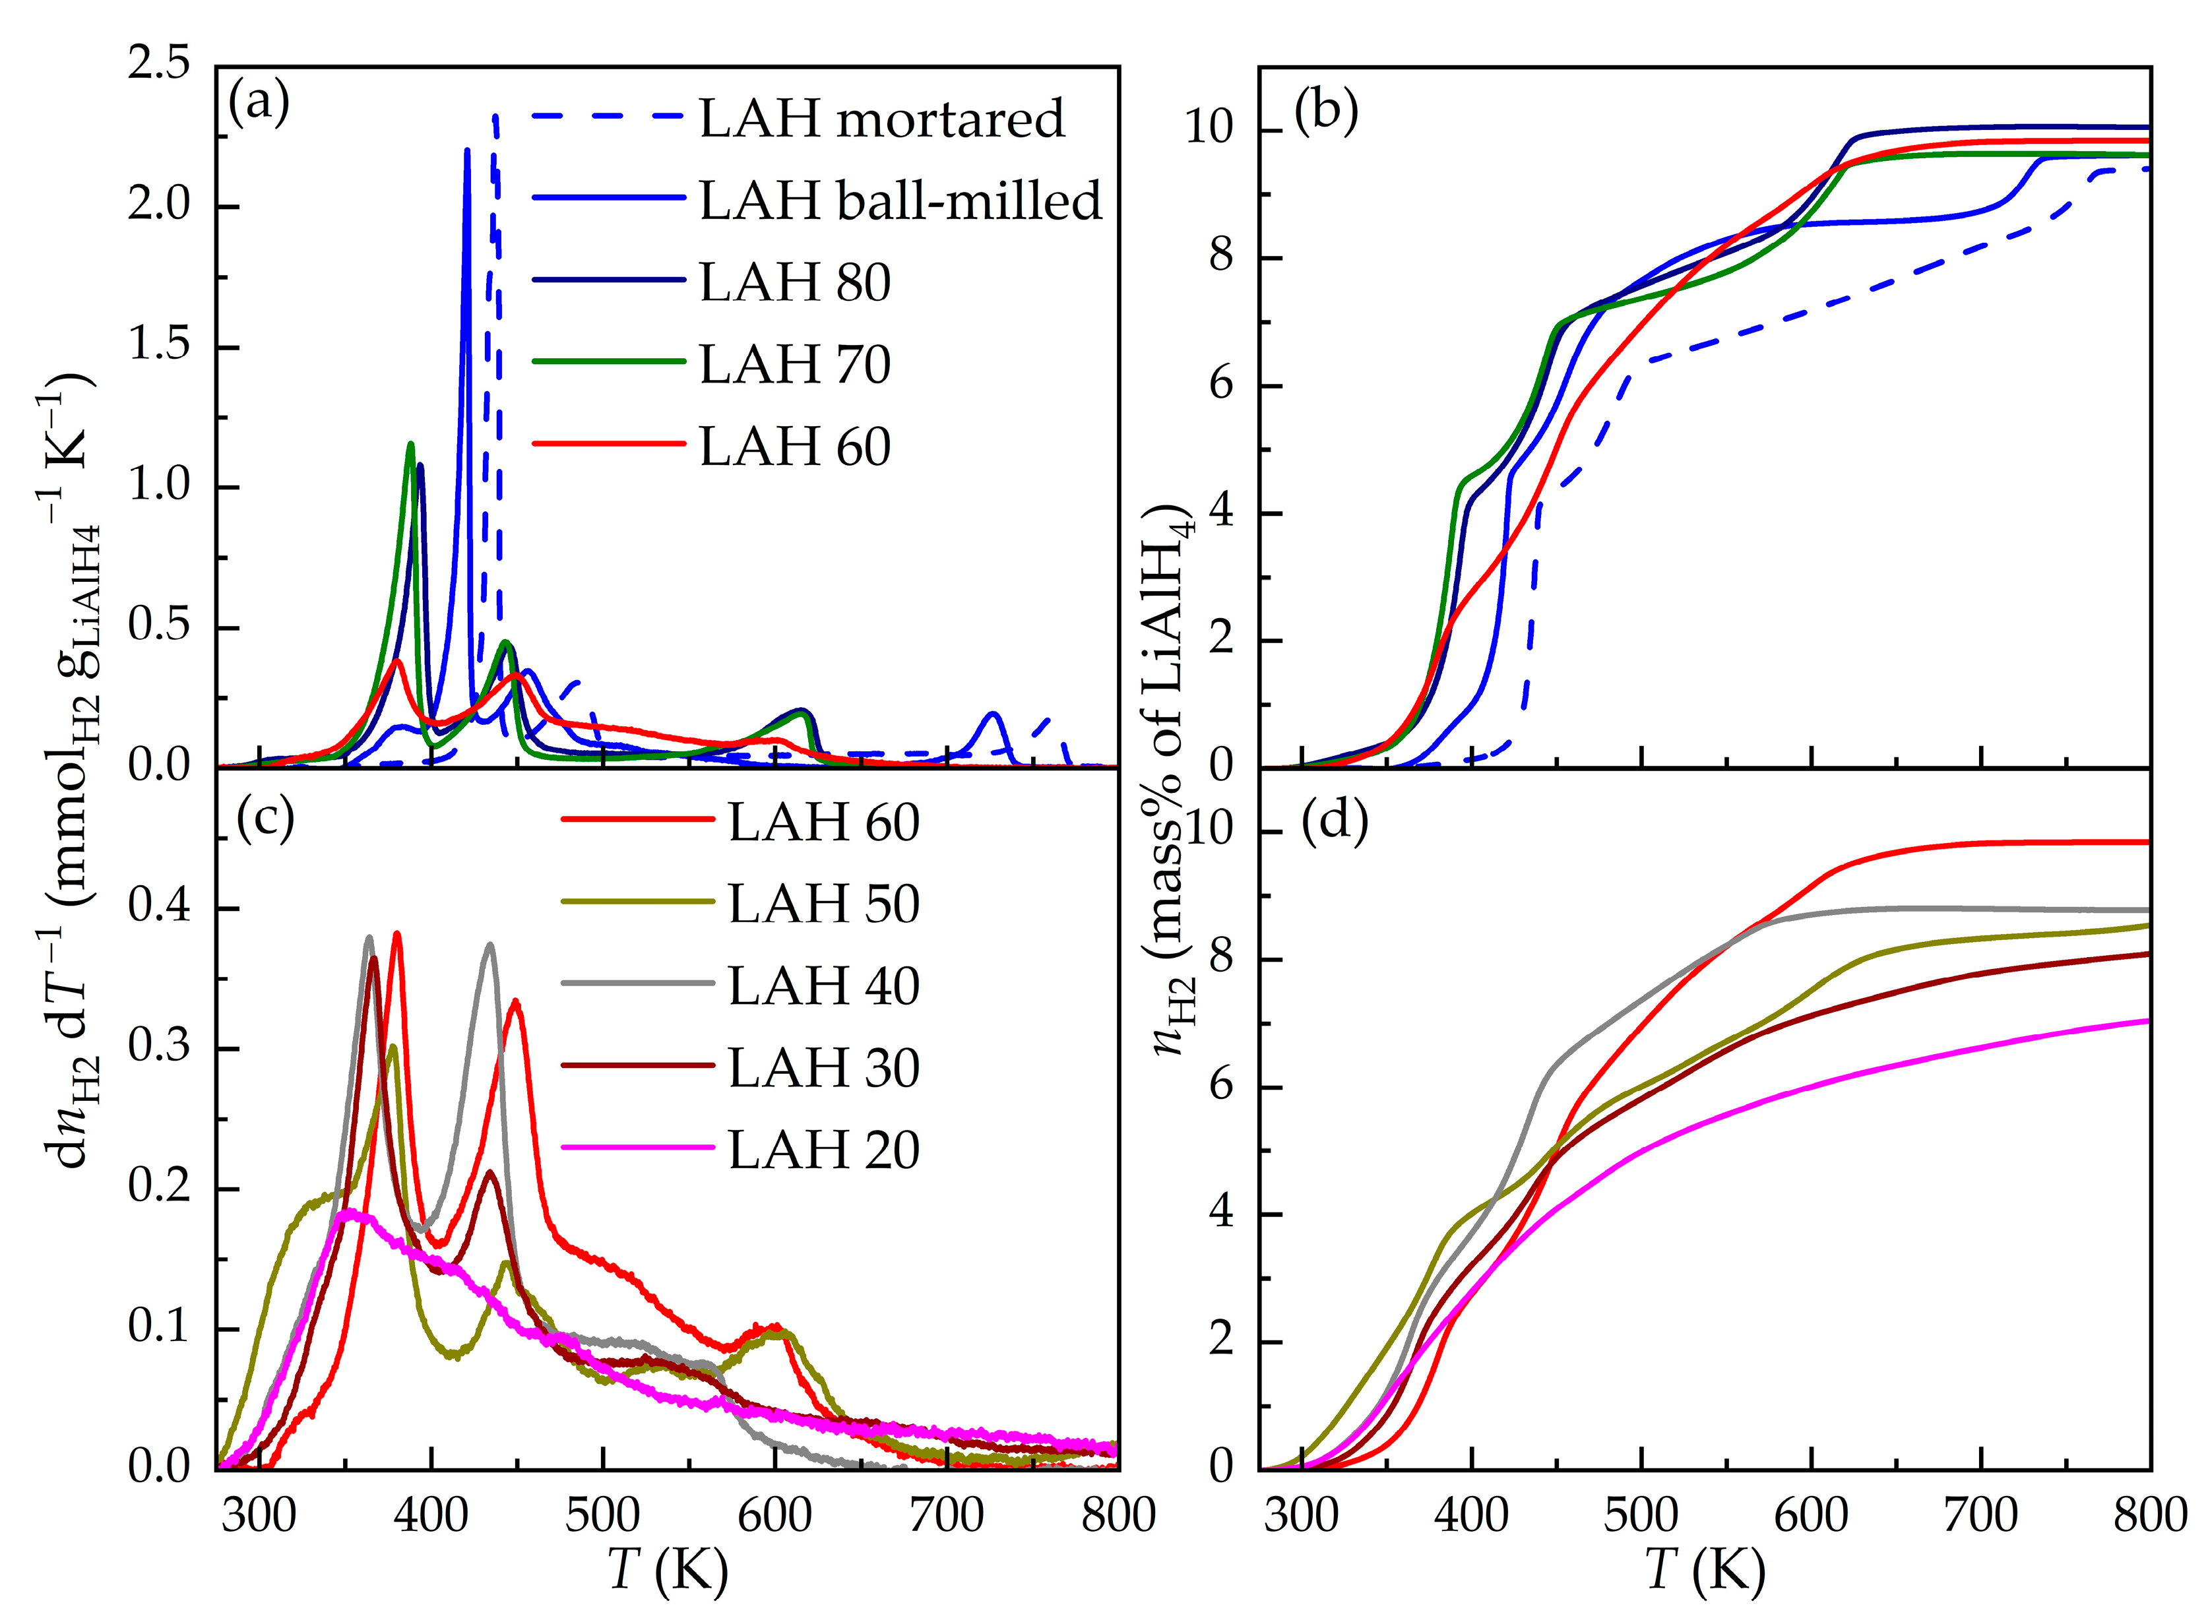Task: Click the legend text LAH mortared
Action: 882,118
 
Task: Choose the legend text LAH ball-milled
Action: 900,200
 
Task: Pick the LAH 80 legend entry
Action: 794,282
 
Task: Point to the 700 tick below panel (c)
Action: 946,1515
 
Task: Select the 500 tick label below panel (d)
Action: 1641,1515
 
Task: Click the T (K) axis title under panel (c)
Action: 668,1570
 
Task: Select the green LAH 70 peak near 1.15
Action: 411,445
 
